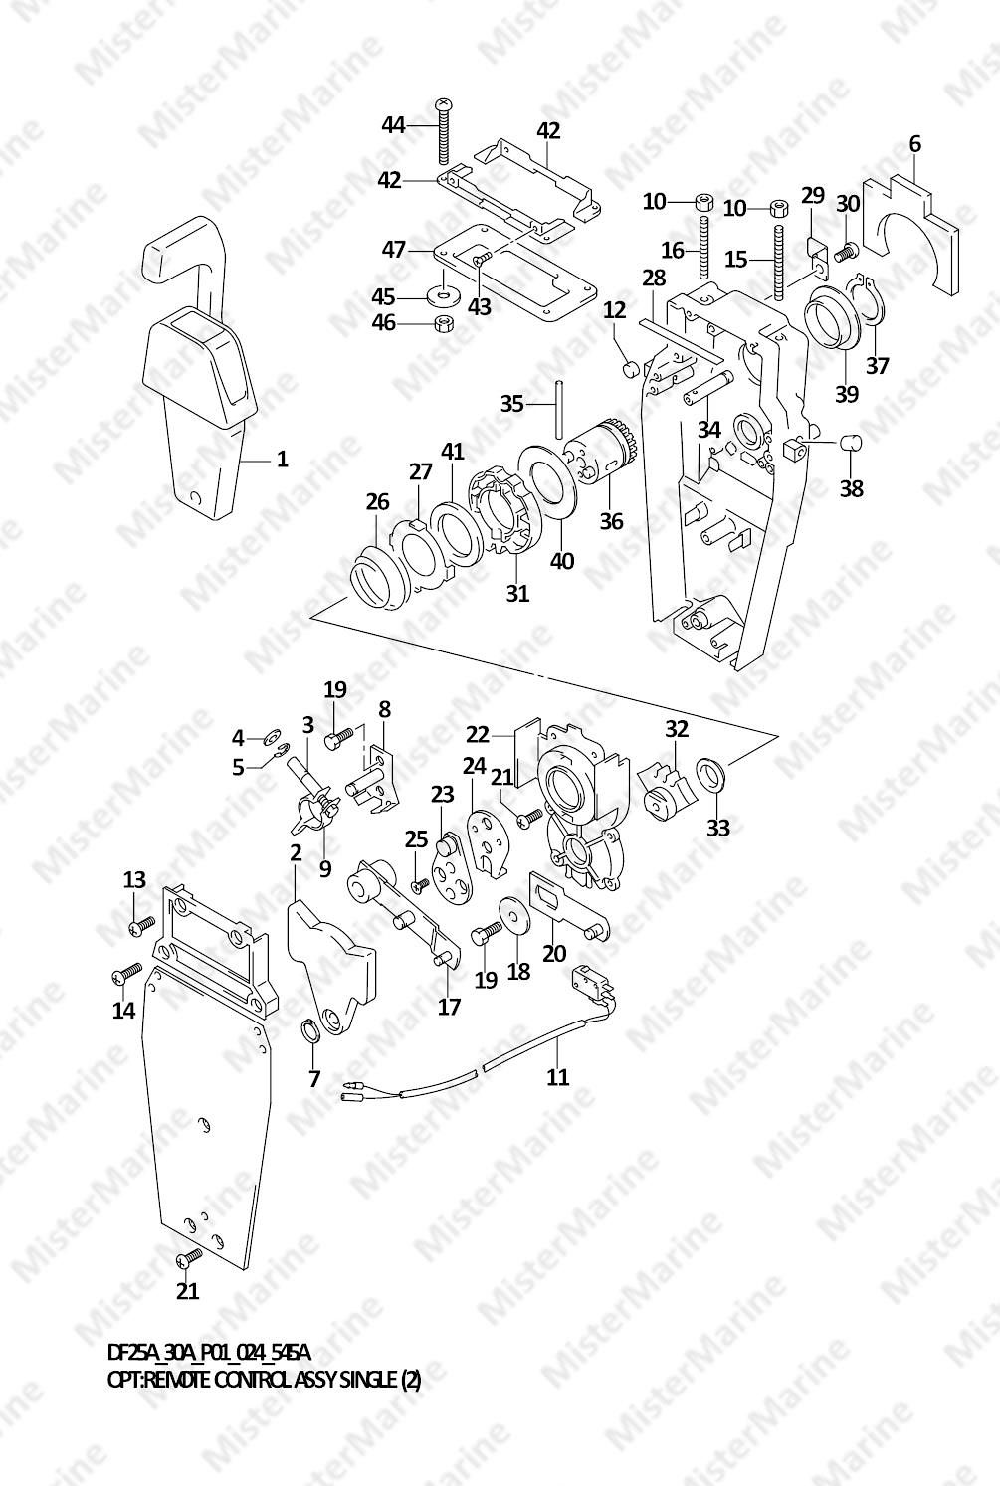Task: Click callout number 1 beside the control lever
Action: pyautogui.click(x=282, y=459)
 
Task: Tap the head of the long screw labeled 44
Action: pyautogui.click(x=443, y=104)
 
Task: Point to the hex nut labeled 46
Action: pyautogui.click(x=443, y=324)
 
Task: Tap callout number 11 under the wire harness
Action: pyautogui.click(x=557, y=1076)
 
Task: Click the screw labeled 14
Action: pyautogui.click(x=126, y=972)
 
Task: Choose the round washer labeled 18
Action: pyautogui.click(x=512, y=916)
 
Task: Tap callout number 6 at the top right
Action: pyautogui.click(x=915, y=144)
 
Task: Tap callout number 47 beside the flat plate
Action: pyautogui.click(x=394, y=250)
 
